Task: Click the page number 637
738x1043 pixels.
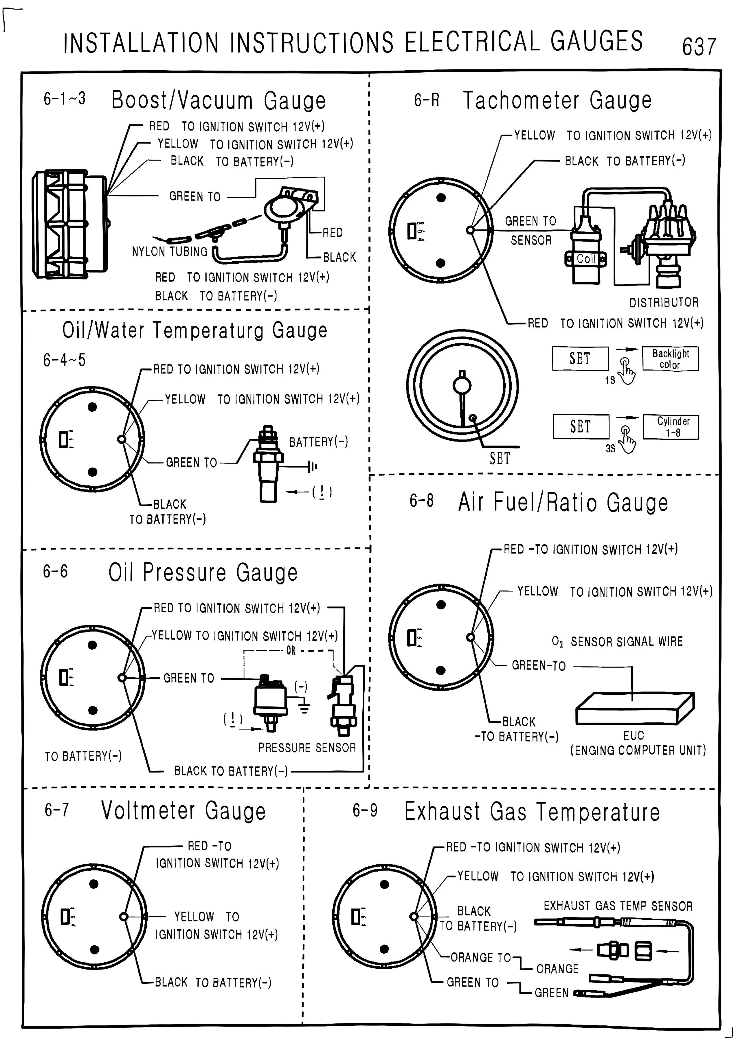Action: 699,46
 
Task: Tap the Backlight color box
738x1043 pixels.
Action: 670,359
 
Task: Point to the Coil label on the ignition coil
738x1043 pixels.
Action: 586,259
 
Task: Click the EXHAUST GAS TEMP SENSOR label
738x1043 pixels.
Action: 618,906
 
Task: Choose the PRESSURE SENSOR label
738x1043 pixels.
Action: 307,747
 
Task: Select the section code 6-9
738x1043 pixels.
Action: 365,810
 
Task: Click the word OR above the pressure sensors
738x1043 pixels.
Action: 291,651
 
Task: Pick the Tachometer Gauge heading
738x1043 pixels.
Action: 557,100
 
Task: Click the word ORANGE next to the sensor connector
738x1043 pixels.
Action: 557,969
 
